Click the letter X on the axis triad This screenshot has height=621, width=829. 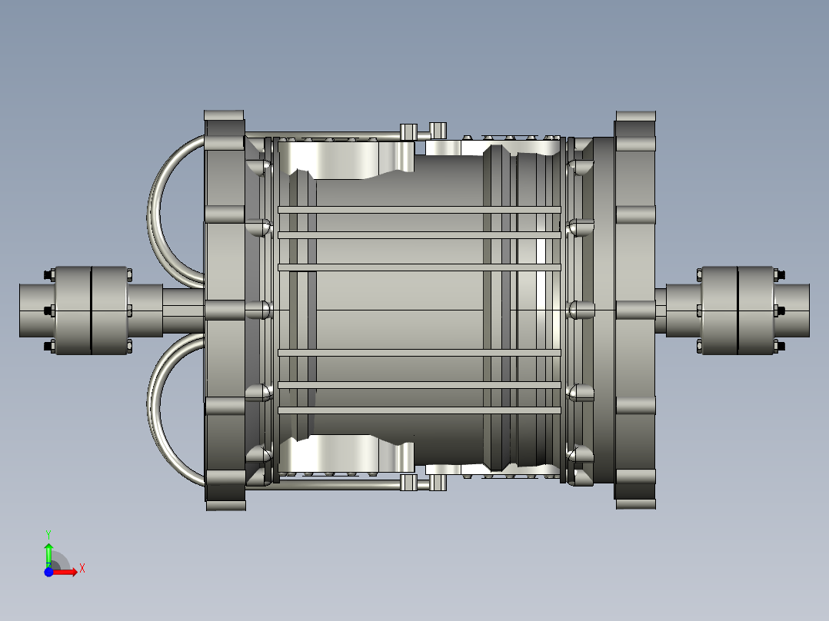coord(82,569)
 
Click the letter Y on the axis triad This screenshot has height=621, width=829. coord(48,533)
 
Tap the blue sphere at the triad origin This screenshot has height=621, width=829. coord(48,572)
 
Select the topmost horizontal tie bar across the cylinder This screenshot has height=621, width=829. coord(419,210)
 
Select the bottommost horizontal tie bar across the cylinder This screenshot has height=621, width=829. coord(419,411)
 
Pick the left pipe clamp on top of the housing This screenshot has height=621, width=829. coord(409,132)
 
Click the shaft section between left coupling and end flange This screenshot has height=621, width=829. coord(183,310)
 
